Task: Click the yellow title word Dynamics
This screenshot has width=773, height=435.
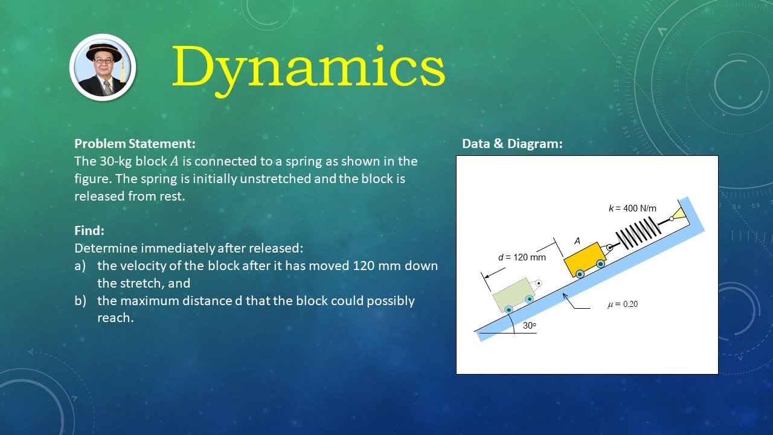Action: [x=309, y=68]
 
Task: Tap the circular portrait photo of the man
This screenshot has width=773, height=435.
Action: [x=103, y=68]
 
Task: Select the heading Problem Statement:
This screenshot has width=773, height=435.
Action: [x=135, y=144]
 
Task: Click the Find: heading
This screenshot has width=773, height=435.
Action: [x=89, y=230]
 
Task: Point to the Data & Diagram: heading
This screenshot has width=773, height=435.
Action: [x=512, y=144]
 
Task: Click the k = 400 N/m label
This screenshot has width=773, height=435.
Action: [x=632, y=208]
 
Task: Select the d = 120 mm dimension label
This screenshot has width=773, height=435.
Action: [x=522, y=257]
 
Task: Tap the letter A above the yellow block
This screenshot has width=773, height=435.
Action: [x=577, y=241]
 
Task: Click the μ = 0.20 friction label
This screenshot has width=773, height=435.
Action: [x=622, y=304]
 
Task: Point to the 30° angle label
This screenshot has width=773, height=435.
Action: [x=530, y=325]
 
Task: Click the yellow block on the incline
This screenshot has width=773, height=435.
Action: [x=584, y=258]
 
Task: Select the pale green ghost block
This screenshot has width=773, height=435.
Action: [x=513, y=294]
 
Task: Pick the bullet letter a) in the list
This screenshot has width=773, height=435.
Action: [x=80, y=266]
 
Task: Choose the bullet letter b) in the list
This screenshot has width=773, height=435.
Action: [x=80, y=301]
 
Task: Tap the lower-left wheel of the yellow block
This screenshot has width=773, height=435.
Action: [x=580, y=274]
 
